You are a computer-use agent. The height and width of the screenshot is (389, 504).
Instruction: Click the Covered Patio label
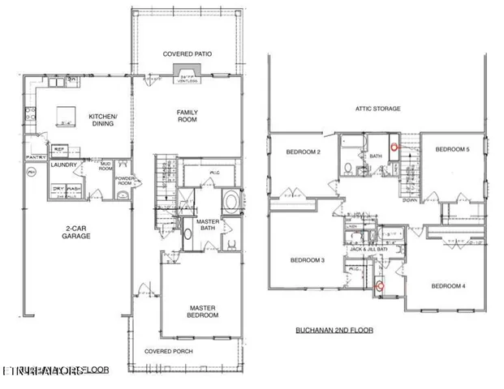(187, 54)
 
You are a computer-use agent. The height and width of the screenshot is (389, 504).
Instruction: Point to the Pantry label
(35, 157)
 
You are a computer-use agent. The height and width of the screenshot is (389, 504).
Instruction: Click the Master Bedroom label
(203, 312)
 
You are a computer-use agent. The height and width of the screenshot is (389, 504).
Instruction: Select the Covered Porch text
(167, 352)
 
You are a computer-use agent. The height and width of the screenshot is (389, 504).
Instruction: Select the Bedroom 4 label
(449, 285)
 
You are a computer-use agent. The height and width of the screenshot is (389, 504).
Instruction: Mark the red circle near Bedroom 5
(395, 147)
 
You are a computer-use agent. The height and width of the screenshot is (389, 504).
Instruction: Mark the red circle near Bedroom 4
(379, 284)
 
